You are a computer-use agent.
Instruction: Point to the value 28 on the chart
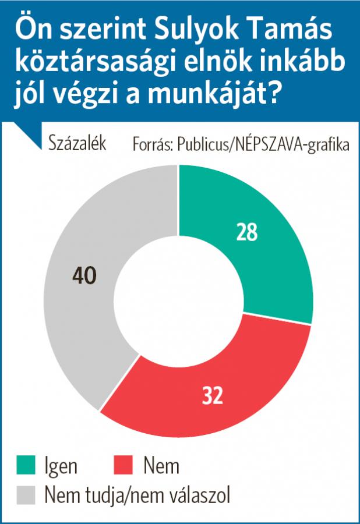[x=247, y=232]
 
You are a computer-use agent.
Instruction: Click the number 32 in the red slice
[x=213, y=395]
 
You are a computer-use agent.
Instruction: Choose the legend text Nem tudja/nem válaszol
[x=137, y=495]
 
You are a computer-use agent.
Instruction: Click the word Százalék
[x=77, y=143]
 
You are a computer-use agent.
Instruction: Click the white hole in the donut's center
[x=178, y=299]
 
